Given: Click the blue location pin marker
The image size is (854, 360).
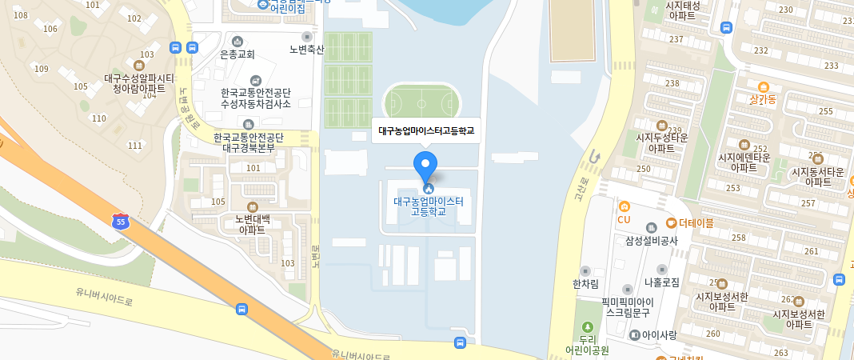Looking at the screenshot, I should [425, 166].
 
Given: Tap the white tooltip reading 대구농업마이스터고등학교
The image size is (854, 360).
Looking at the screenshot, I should [425, 130].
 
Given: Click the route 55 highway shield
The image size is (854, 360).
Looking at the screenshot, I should [120, 222].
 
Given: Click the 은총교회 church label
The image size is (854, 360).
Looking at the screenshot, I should [237, 54].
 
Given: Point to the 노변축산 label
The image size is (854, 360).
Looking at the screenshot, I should [307, 49].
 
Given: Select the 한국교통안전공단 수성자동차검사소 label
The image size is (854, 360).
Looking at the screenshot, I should [256, 98].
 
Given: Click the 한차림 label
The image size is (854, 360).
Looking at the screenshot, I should [585, 282].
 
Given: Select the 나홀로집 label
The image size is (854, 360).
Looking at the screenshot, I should [661, 282].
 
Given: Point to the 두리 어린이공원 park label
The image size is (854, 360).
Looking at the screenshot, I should [588, 344].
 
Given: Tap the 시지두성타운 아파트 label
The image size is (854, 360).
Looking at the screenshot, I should [661, 142].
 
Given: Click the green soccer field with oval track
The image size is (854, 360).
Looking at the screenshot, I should [421, 102].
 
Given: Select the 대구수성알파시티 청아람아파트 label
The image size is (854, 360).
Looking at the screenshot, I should [139, 83].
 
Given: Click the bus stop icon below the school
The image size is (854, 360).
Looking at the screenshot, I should [460, 342].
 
